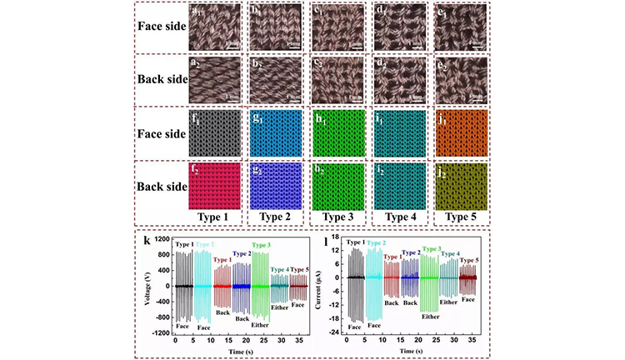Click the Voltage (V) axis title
pos(147,285)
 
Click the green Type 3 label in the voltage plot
pos(262,244)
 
